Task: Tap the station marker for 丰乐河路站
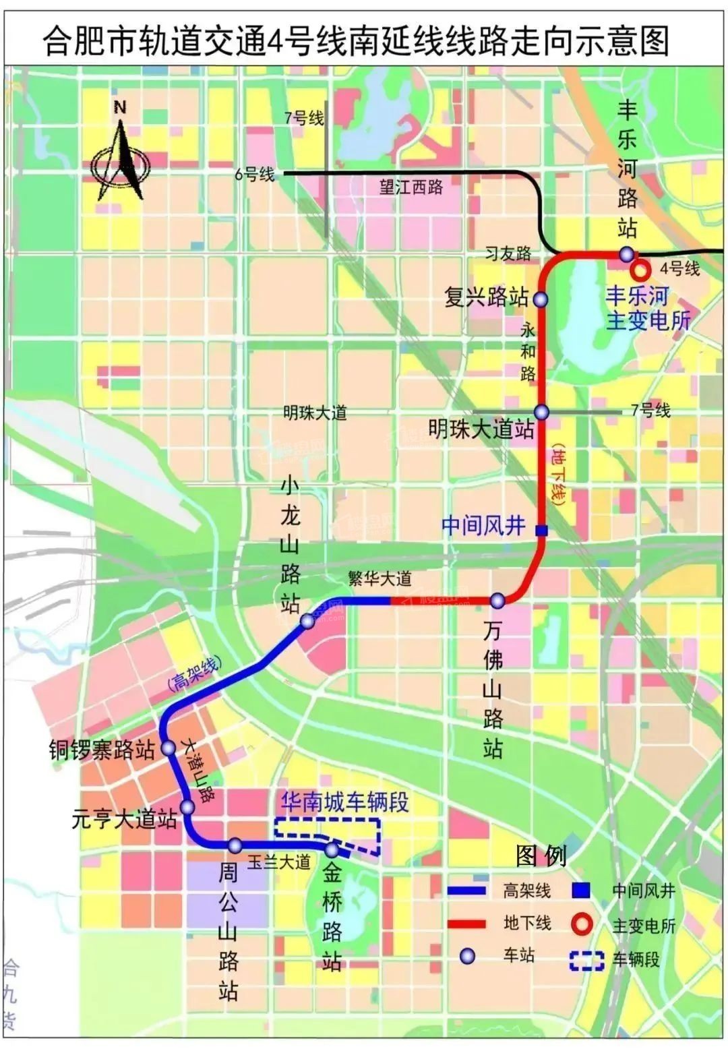[627, 254]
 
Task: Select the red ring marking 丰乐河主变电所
[639, 271]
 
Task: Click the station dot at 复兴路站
[541, 299]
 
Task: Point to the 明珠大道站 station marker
[542, 412]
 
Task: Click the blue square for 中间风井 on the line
[541, 531]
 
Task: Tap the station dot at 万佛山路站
[497, 600]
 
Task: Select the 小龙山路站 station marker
[307, 622]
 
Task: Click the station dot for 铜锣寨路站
[168, 748]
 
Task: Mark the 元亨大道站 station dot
[187, 806]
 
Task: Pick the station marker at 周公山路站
[235, 845]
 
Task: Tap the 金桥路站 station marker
[332, 849]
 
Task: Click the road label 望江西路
[411, 187]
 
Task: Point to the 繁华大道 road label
[380, 578]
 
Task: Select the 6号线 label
[254, 174]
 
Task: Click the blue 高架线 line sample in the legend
[466, 891]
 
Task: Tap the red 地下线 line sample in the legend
[466, 924]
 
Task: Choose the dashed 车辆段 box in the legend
[586, 960]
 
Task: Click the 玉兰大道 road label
[278, 862]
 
